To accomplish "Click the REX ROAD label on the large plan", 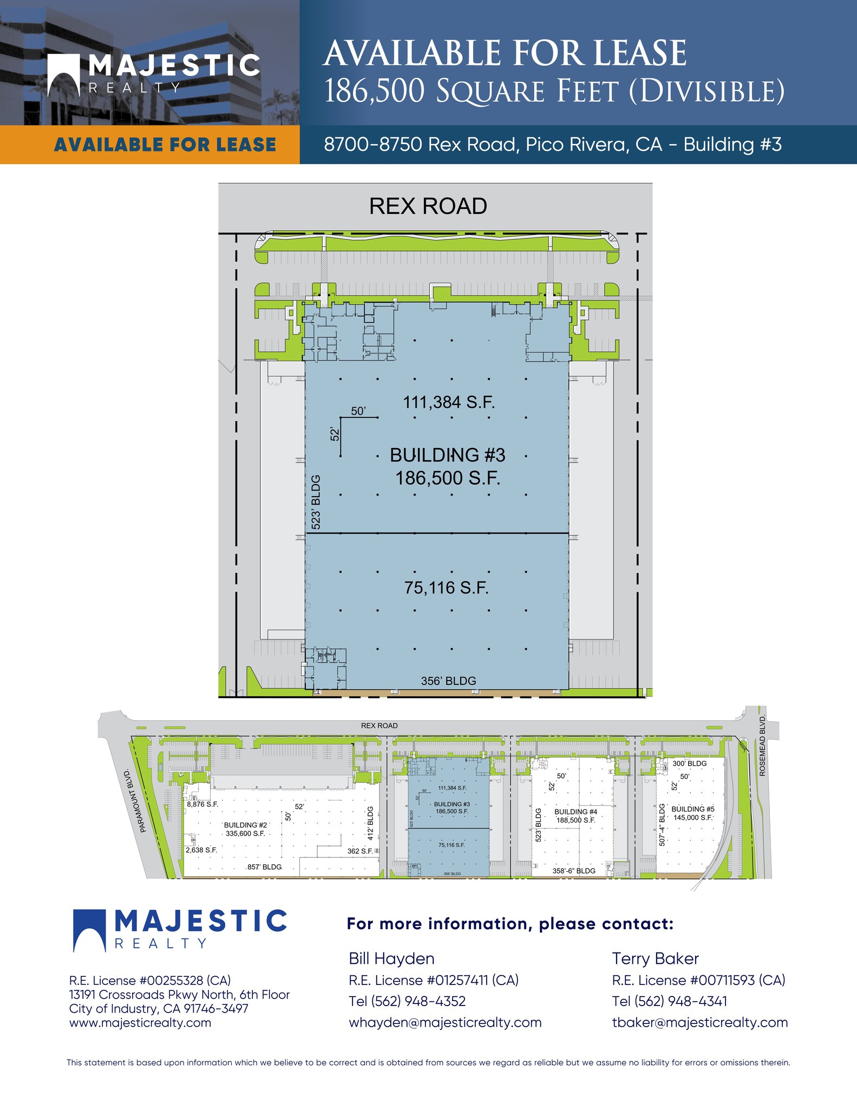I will pos(428,206).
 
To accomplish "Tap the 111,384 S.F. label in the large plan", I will pos(449,402).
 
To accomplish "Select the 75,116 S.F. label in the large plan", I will pos(447,588).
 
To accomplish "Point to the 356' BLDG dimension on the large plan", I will pos(448,681).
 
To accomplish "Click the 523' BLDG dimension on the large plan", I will pos(316,502).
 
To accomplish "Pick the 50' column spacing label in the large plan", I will pos(358,411).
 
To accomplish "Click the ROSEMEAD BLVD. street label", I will pos(762,745).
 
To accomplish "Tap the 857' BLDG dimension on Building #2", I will pos(264,867).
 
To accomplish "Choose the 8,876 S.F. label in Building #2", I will pos(202,804).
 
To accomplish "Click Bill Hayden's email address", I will pos(445,1022).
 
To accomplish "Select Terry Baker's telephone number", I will pos(669,1001).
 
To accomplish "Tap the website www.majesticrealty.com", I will pos(140,1023).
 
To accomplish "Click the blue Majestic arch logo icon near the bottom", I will pos(89,930).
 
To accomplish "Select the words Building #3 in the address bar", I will pos(732,145).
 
